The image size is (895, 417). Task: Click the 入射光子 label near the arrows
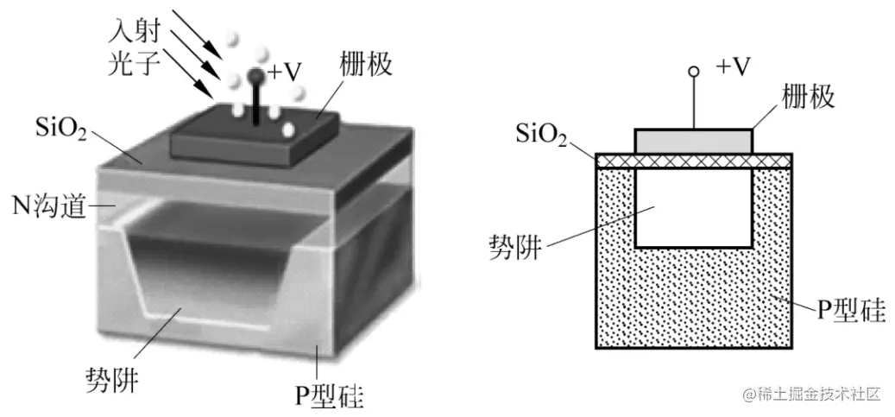(x=135, y=47)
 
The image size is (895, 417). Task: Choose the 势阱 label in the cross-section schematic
(x=516, y=247)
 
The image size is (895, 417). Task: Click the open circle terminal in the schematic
(x=692, y=75)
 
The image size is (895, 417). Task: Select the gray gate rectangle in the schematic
(x=693, y=141)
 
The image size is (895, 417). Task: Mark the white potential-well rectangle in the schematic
(x=693, y=207)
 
